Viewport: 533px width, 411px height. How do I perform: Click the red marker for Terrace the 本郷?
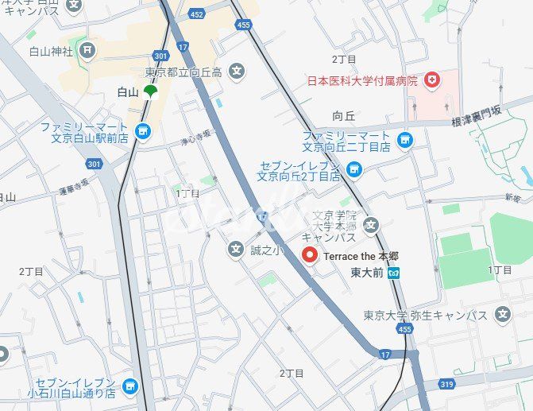310,255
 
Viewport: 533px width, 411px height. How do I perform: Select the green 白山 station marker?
150,92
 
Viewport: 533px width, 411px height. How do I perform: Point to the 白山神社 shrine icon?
87,51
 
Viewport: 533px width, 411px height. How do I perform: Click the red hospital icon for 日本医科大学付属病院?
432,80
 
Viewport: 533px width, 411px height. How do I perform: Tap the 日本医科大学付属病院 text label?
362,81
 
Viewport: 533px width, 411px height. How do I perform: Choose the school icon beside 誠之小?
236,250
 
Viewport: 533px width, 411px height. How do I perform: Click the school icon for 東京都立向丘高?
236,72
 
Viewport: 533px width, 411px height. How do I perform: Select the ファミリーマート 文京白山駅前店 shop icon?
143,132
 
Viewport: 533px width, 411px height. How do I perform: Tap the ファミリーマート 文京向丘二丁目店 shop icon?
405,141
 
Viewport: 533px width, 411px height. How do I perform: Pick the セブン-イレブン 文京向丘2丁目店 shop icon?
354,169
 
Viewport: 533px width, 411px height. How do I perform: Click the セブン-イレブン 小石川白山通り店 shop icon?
129,386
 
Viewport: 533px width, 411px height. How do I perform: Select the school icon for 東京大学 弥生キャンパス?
502,315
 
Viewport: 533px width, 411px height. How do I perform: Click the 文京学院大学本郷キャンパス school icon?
371,226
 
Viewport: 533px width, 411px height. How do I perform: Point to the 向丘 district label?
343,115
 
